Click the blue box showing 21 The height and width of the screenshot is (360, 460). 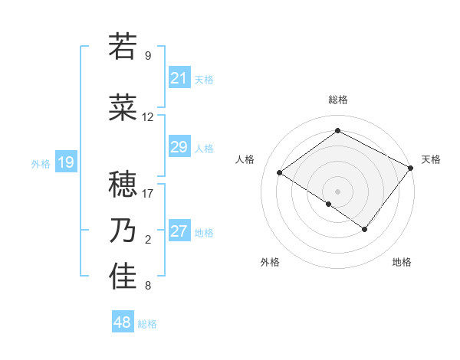point(179,78)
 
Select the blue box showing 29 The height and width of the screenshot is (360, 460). point(179,147)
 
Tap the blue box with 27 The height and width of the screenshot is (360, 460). point(179,232)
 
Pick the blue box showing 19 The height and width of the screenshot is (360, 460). point(65,162)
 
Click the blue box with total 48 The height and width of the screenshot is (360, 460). point(123,322)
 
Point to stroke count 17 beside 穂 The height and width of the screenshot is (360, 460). point(148,194)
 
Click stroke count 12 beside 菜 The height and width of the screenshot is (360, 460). point(148,117)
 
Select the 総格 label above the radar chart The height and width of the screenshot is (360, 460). point(337,100)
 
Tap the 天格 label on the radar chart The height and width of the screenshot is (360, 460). point(431,159)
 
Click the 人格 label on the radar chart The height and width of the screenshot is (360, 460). point(245,159)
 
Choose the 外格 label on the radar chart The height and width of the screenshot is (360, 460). point(270,262)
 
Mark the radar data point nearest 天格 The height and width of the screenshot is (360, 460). point(411,168)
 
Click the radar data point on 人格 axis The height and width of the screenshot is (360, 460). point(280,172)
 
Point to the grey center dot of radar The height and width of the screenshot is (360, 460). point(337,191)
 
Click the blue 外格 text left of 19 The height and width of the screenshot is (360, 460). point(40,163)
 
